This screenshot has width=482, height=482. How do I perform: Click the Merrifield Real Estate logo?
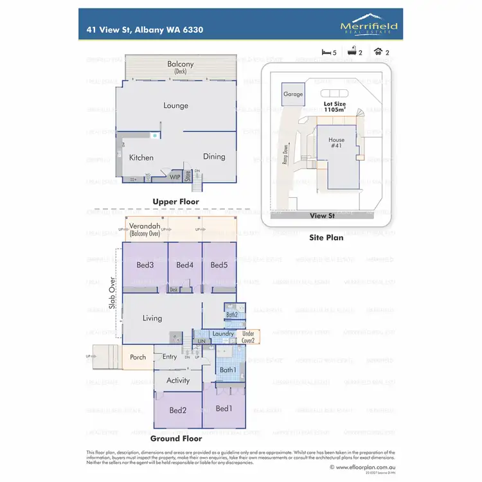(x=368, y=25)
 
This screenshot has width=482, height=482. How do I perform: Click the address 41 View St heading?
(x=149, y=30)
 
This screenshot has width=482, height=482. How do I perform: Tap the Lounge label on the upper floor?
(x=175, y=105)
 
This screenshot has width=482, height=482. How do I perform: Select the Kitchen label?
(x=141, y=157)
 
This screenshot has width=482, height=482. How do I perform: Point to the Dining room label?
(x=214, y=156)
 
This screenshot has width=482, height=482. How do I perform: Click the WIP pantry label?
(x=175, y=177)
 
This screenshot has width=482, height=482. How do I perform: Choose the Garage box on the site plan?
(x=293, y=94)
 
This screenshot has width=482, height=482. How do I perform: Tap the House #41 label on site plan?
(x=336, y=143)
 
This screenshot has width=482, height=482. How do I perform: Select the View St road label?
(x=323, y=217)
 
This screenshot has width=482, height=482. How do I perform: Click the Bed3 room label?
(x=145, y=265)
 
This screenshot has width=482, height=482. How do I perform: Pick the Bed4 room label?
(x=184, y=265)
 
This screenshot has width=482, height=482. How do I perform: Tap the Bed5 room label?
(x=219, y=265)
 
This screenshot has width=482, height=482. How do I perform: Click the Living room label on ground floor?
(x=152, y=318)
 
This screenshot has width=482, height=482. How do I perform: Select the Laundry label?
(x=222, y=334)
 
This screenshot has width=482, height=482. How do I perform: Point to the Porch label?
(x=138, y=357)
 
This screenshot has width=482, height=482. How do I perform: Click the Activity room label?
(x=178, y=380)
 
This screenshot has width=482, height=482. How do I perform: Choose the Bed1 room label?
(x=224, y=409)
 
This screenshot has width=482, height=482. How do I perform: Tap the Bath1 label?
(x=228, y=370)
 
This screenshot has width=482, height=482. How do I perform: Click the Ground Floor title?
(x=176, y=439)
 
